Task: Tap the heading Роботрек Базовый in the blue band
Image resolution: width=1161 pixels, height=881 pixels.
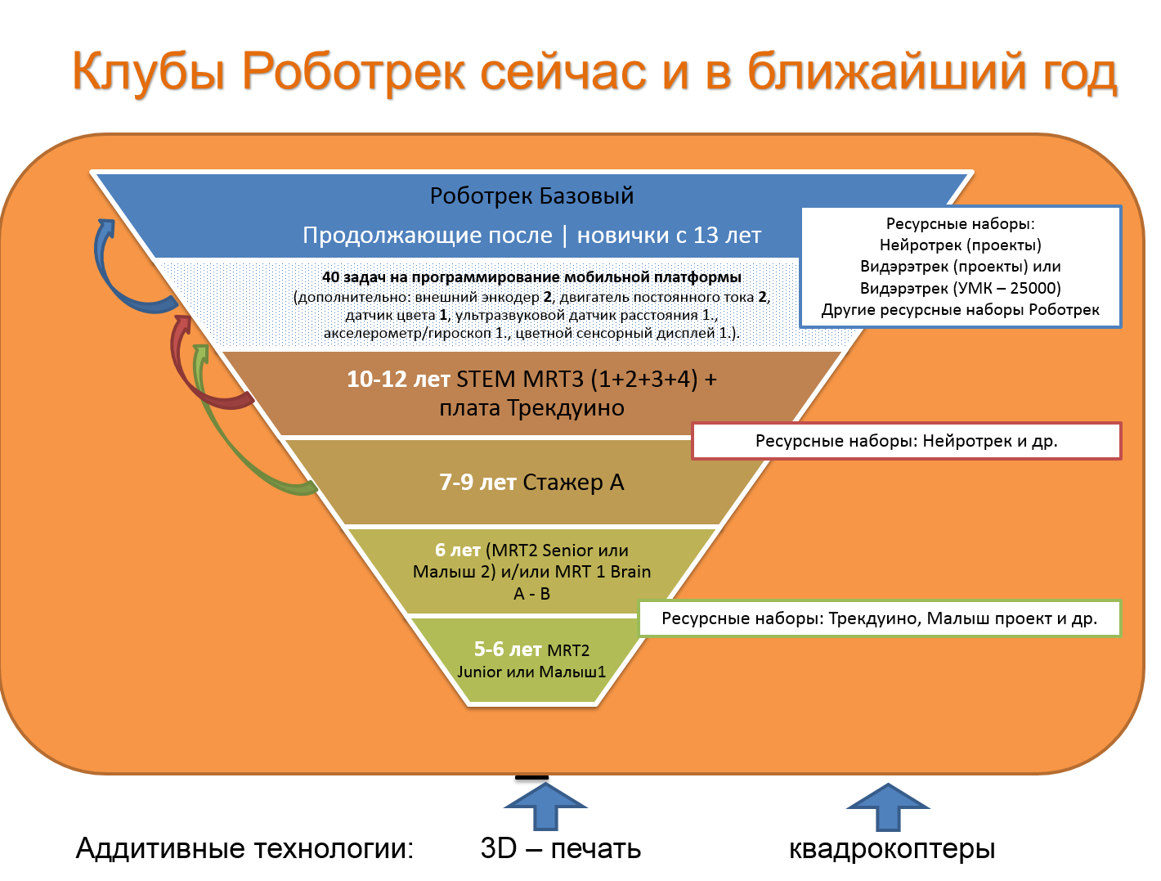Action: pyautogui.click(x=531, y=196)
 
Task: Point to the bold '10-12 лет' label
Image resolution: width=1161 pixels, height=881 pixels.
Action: pyautogui.click(x=398, y=380)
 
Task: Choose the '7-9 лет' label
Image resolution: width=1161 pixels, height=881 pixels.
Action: pyautogui.click(x=477, y=483)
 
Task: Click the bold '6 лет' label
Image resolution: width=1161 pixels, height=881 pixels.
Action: pyautogui.click(x=457, y=551)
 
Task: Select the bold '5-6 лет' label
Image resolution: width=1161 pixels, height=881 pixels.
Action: pyautogui.click(x=507, y=650)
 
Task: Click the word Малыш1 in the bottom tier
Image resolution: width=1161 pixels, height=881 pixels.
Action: pyautogui.click(x=578, y=672)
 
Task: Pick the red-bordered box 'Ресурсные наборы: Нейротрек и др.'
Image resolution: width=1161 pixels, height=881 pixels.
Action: pyautogui.click(x=906, y=441)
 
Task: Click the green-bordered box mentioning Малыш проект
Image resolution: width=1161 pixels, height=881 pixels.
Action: pyautogui.click(x=879, y=618)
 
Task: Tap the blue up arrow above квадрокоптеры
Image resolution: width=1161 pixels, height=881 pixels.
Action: pyautogui.click(x=888, y=805)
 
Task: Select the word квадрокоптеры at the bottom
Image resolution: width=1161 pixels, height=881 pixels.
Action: pyautogui.click(x=891, y=848)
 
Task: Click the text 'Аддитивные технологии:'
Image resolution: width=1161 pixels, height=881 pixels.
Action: pyautogui.click(x=244, y=848)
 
